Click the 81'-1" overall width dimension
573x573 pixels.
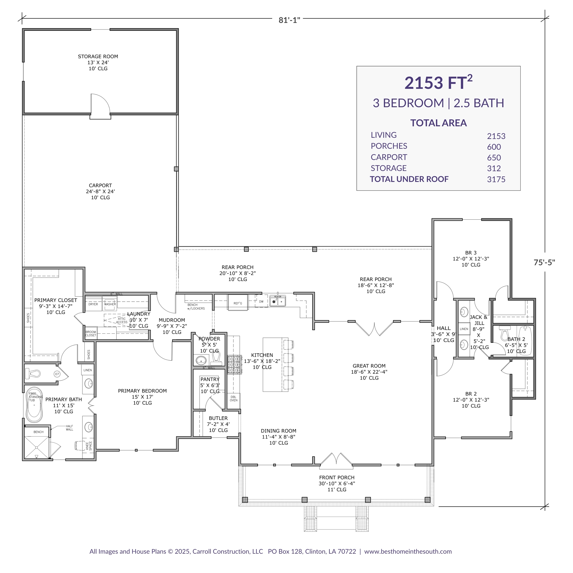pyautogui.click(x=289, y=20)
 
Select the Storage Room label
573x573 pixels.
pyautogui.click(x=98, y=56)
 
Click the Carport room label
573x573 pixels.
pyautogui.click(x=100, y=185)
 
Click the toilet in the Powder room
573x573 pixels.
pyautogui.click(x=216, y=358)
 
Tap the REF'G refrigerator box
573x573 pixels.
pyautogui.click(x=238, y=303)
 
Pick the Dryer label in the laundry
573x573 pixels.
pyautogui.click(x=93, y=304)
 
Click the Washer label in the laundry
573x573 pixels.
pyautogui.click(x=110, y=304)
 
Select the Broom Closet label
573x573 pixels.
pyautogui.click(x=90, y=333)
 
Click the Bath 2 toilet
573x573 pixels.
pyautogui.click(x=504, y=334)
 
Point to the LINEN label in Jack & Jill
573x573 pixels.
pyautogui.click(x=464, y=329)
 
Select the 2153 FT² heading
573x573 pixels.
pyautogui.click(x=438, y=83)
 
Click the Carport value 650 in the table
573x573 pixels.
pyautogui.click(x=493, y=158)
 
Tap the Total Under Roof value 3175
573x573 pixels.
pyautogui.click(x=496, y=180)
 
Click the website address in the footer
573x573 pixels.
pyautogui.click(x=408, y=551)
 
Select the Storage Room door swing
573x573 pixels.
pyautogui.click(x=100, y=104)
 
